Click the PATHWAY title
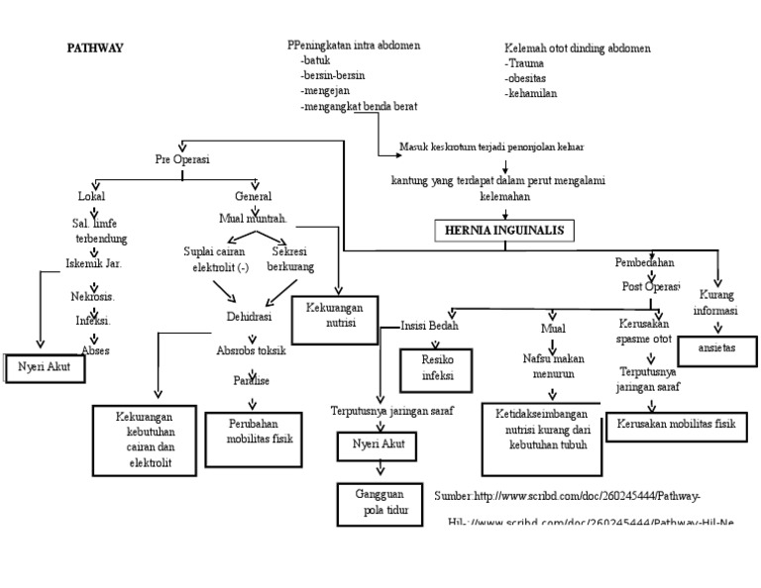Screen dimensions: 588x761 click(x=94, y=48)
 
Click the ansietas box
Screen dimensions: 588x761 click(x=720, y=349)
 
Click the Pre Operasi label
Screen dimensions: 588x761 click(x=182, y=159)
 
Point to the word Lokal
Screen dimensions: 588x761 click(x=91, y=196)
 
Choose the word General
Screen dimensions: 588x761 click(x=254, y=196)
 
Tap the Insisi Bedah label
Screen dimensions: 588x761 click(x=429, y=325)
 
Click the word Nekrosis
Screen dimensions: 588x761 click(x=93, y=296)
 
